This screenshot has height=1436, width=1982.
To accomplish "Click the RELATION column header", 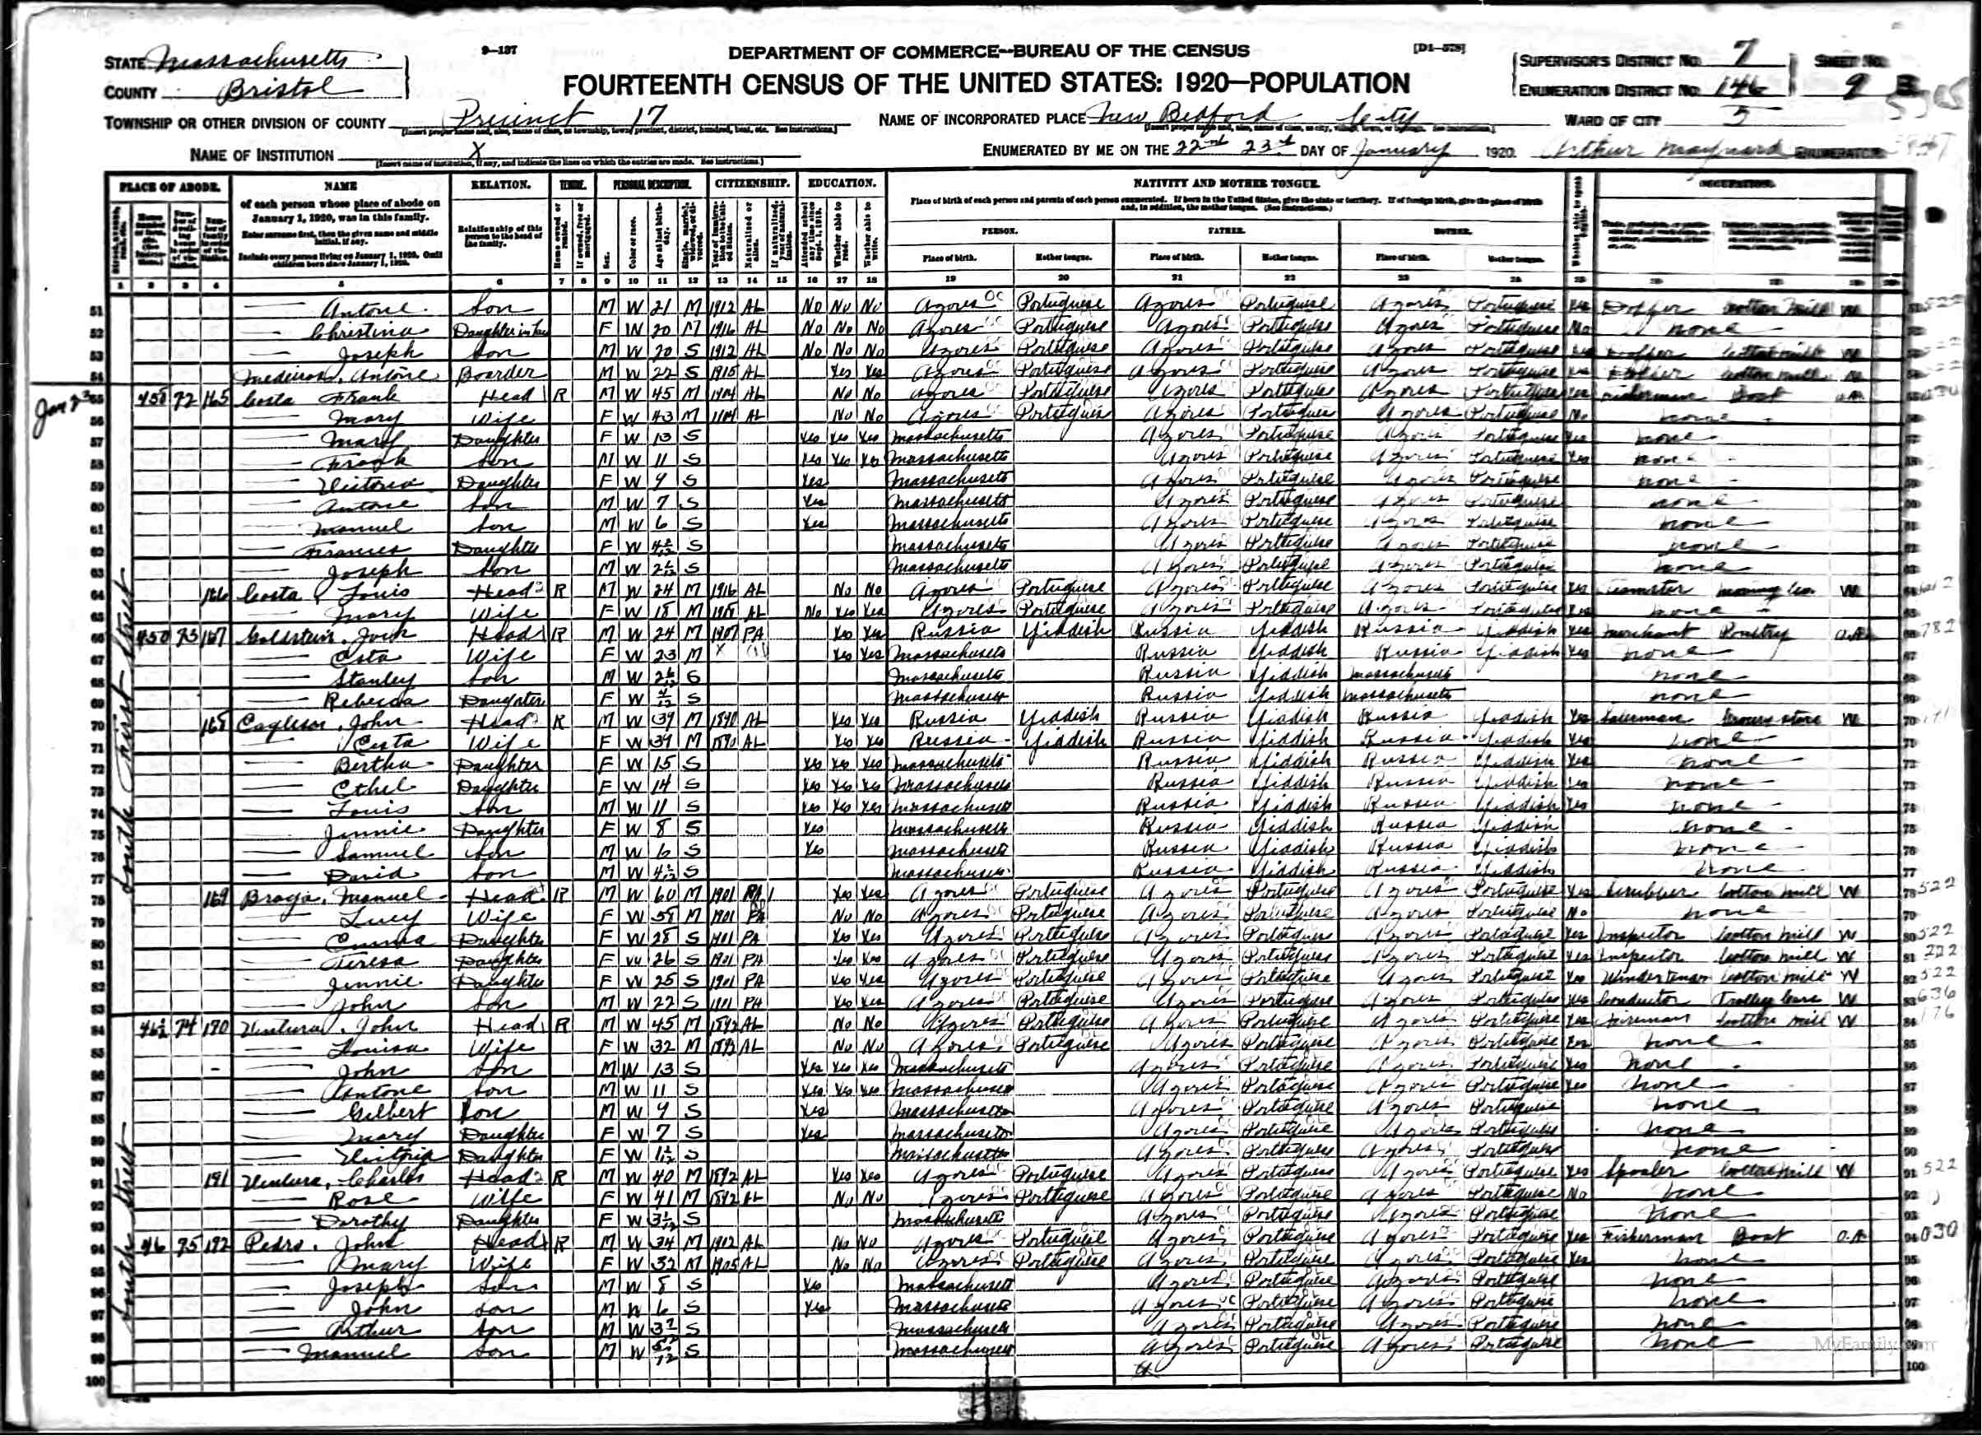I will (500, 185).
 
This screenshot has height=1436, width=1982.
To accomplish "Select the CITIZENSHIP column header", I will (751, 184).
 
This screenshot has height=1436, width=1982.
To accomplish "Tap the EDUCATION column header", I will (842, 184).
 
